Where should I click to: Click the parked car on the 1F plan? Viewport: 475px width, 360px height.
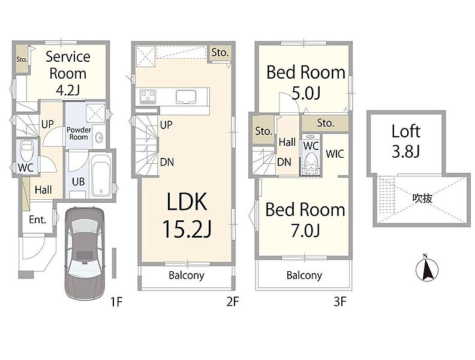point(85,254)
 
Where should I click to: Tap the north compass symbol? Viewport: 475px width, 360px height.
point(427,268)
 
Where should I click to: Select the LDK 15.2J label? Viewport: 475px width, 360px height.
point(187,215)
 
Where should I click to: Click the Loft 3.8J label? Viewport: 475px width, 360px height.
point(405,141)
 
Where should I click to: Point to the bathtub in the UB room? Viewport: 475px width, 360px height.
point(101,176)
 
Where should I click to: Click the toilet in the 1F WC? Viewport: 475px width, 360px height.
point(26,149)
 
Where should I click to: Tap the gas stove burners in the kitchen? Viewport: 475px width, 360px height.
point(148,97)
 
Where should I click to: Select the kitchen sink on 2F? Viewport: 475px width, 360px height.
point(186,97)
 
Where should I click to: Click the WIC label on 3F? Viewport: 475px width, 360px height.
point(335,154)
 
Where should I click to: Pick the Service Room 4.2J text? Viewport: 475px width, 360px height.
point(68,73)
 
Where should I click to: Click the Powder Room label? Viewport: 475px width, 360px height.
point(79,133)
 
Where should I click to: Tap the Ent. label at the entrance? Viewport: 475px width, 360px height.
point(38,219)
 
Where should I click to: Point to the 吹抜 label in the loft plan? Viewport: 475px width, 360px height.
point(422,198)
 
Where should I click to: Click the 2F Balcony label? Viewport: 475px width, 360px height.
point(187,275)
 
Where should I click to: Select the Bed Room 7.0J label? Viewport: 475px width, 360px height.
point(305,220)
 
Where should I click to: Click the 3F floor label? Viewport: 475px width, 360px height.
point(339,302)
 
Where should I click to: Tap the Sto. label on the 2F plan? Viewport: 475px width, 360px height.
point(220,52)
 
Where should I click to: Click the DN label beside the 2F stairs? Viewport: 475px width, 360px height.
point(167,162)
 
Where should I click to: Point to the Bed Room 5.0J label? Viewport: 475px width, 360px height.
point(306,82)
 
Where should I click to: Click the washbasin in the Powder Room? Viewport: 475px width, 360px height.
point(99,138)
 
